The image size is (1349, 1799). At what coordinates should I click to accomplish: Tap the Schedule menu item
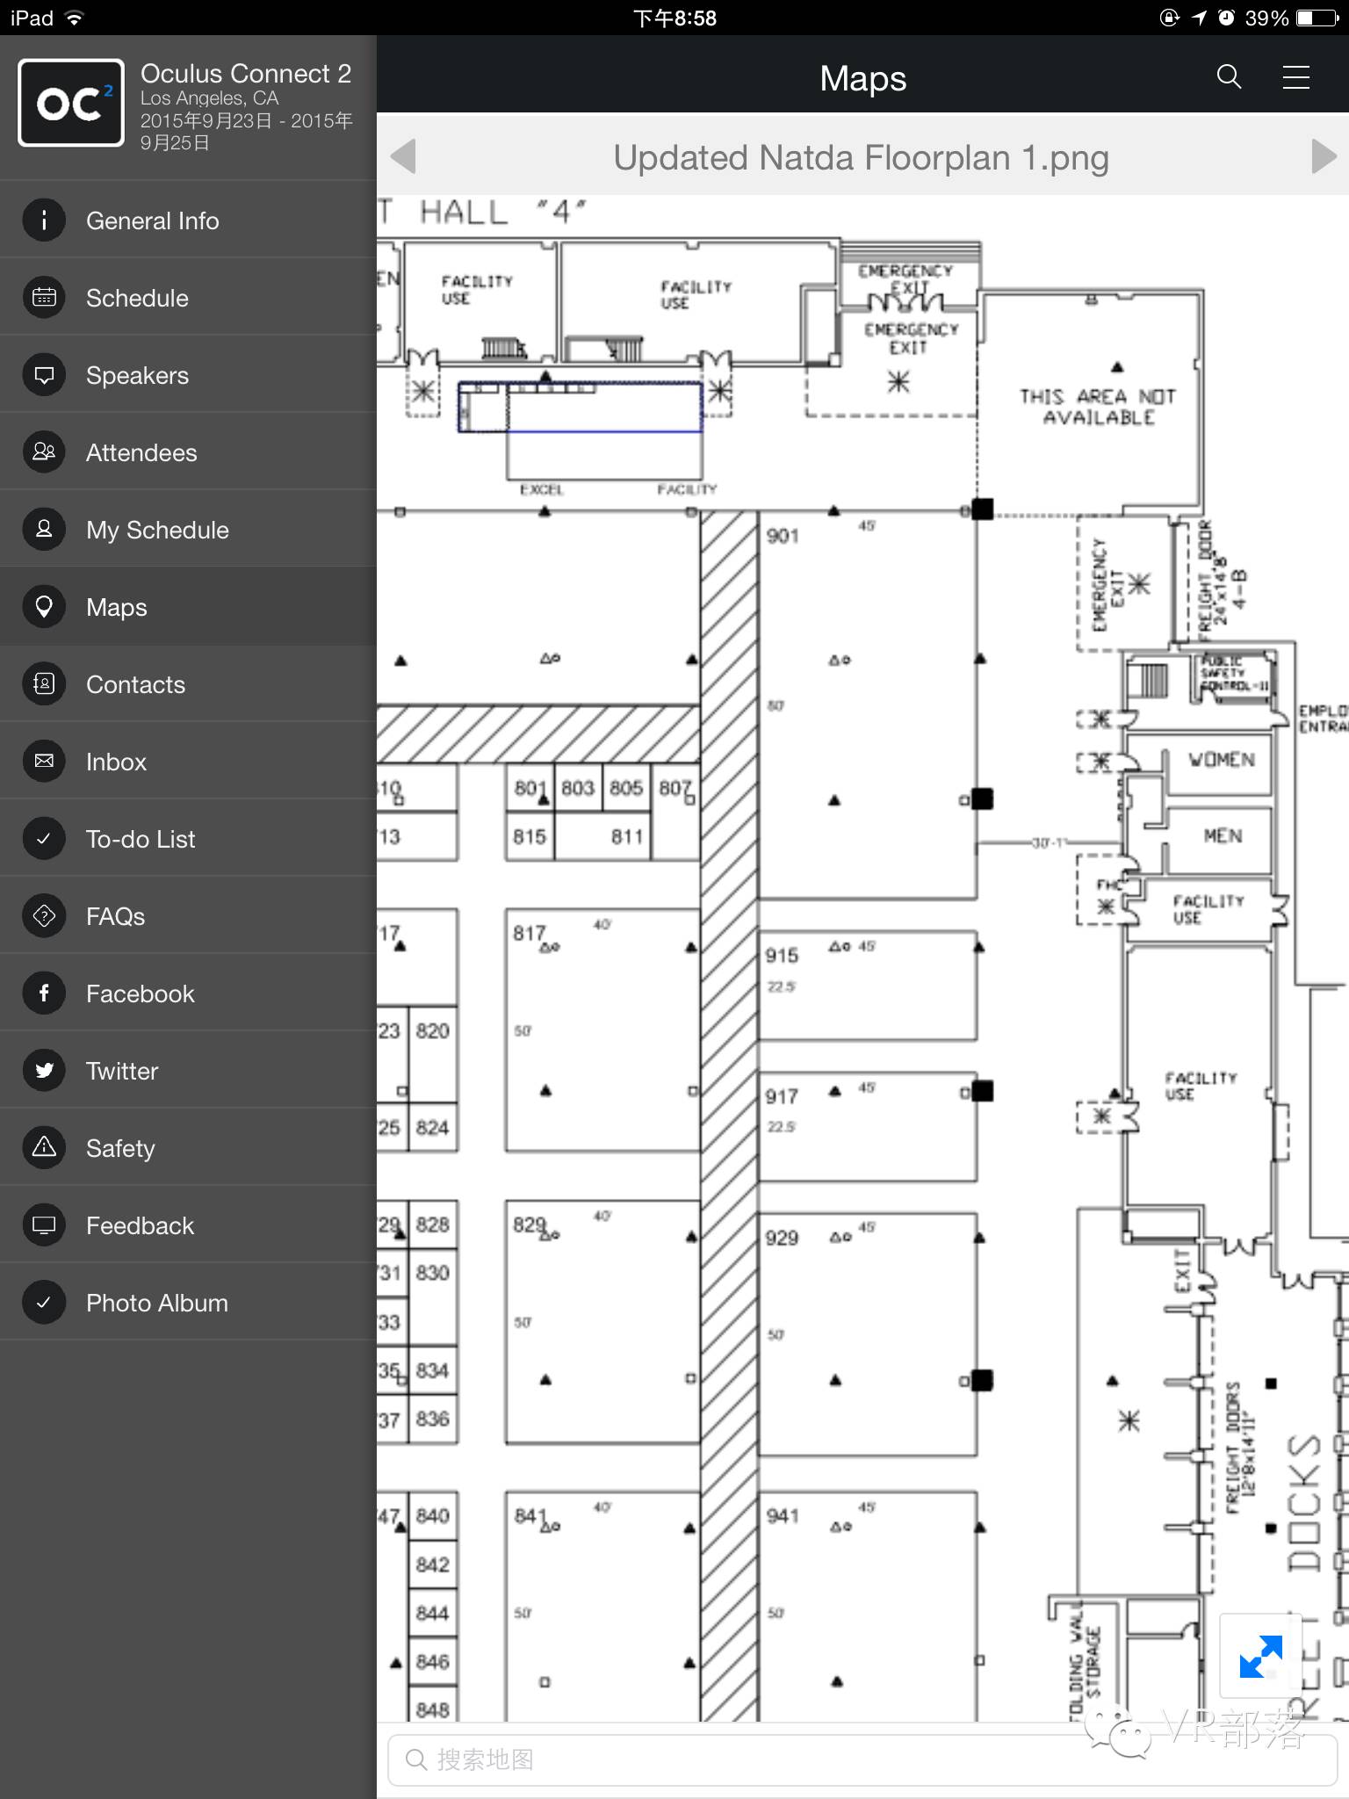[x=137, y=298]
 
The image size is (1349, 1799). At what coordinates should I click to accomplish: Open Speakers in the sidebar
[x=137, y=375]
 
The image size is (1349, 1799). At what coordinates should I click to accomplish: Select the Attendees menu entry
[x=141, y=452]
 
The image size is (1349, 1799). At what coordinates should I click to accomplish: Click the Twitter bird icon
[x=44, y=1071]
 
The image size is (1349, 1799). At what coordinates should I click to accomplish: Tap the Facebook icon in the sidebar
[x=44, y=993]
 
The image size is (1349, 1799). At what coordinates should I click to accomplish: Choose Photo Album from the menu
[x=156, y=1303]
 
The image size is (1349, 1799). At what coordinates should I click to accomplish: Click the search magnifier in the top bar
[x=1229, y=77]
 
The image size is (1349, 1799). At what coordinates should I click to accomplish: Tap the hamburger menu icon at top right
[x=1295, y=77]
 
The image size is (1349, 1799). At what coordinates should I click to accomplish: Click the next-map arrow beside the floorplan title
[x=1323, y=157]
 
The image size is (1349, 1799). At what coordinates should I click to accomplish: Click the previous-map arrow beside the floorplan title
[x=403, y=157]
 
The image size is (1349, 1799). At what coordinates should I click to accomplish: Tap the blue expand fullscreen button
[x=1260, y=1656]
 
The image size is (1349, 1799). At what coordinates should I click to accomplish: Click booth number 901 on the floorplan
[x=783, y=536]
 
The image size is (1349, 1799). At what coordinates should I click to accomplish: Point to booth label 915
[x=782, y=956]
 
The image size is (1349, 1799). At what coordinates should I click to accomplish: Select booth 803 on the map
[x=578, y=788]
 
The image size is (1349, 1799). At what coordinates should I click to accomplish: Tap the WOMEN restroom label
[x=1222, y=760]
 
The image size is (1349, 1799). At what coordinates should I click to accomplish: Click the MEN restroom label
[x=1223, y=835]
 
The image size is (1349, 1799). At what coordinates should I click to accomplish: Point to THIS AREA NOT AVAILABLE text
[x=1098, y=407]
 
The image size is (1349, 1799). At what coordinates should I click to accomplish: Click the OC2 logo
[x=71, y=103]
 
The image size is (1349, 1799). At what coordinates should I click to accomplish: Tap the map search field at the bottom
[x=861, y=1759]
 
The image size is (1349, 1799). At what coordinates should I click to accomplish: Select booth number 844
[x=432, y=1613]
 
